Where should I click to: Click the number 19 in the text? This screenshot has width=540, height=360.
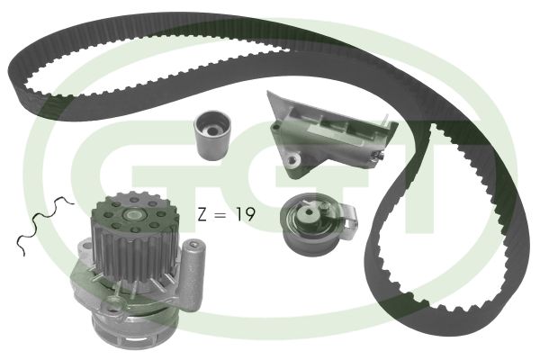pyautogui.click(x=246, y=214)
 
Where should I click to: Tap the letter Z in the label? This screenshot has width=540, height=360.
pyautogui.click(x=202, y=214)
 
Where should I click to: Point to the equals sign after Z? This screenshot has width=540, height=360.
pyautogui.click(x=220, y=214)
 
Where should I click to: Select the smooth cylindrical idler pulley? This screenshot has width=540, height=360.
pyautogui.click(x=212, y=135)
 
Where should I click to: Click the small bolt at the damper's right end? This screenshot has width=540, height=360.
pyautogui.click(x=380, y=156)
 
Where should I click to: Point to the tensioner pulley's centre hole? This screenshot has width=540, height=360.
pyautogui.click(x=309, y=212)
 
